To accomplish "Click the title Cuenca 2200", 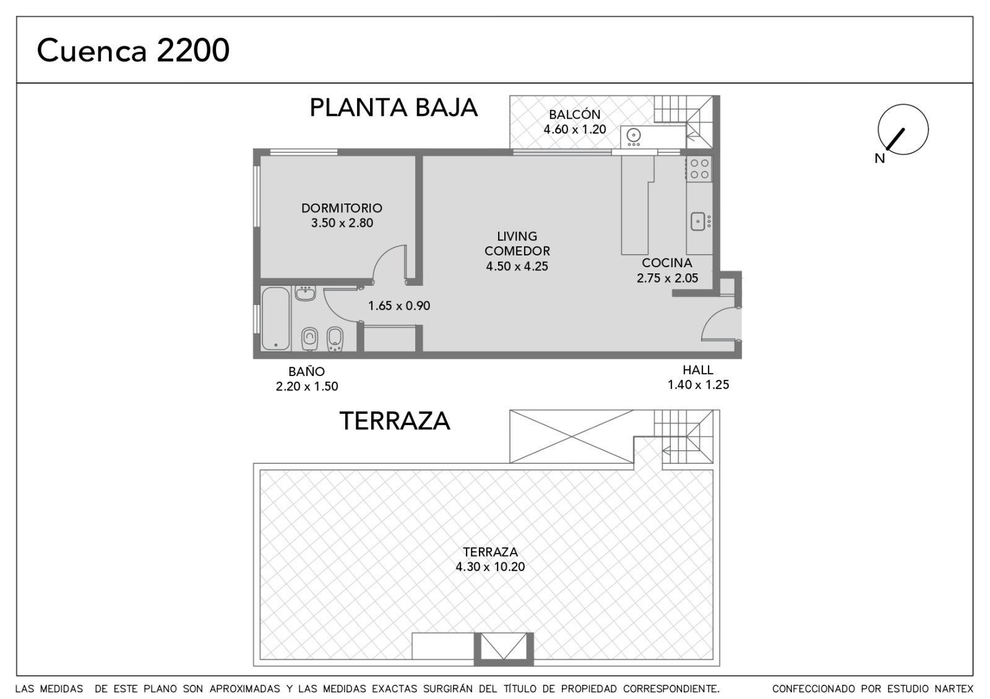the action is [x=133, y=50].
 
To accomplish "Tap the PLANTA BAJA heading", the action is [x=394, y=108].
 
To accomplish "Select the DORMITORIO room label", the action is [x=342, y=208].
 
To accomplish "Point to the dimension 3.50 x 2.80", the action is [x=342, y=223].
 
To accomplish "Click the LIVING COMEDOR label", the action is [x=517, y=244].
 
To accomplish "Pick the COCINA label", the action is [x=667, y=263].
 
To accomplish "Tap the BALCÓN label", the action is [x=575, y=114].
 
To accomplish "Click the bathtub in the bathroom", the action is [x=275, y=318].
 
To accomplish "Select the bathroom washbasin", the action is [x=305, y=293].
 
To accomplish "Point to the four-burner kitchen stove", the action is [x=699, y=169].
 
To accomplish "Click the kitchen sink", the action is [x=698, y=221].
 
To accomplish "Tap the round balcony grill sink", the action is [x=634, y=134].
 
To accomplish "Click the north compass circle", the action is [x=903, y=129].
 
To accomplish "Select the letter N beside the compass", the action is [x=879, y=158].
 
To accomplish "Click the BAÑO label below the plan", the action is [x=307, y=371].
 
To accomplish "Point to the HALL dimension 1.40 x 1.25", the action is [x=698, y=384].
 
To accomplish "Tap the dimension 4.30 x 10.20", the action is [x=490, y=567].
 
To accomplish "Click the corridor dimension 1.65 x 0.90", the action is [x=398, y=306].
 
